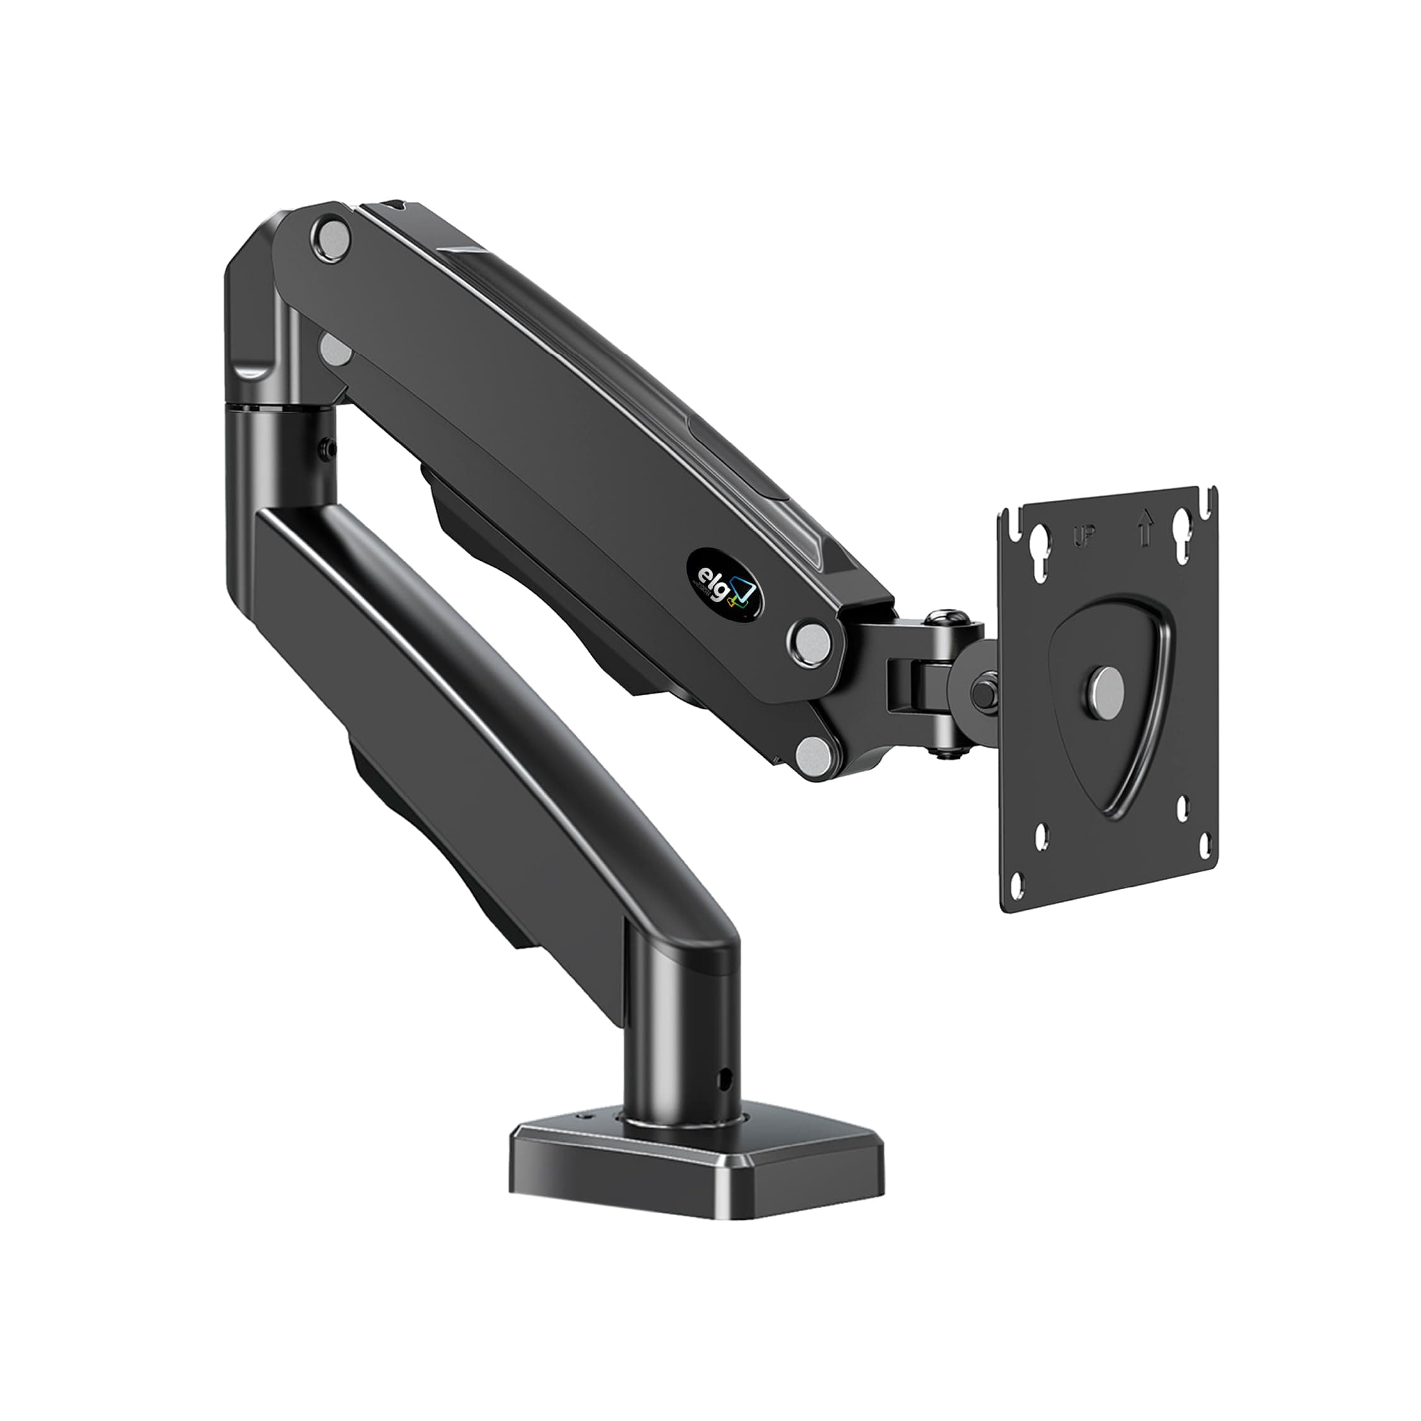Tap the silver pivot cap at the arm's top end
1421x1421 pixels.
tap(332, 237)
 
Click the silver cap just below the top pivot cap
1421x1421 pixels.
tap(335, 350)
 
